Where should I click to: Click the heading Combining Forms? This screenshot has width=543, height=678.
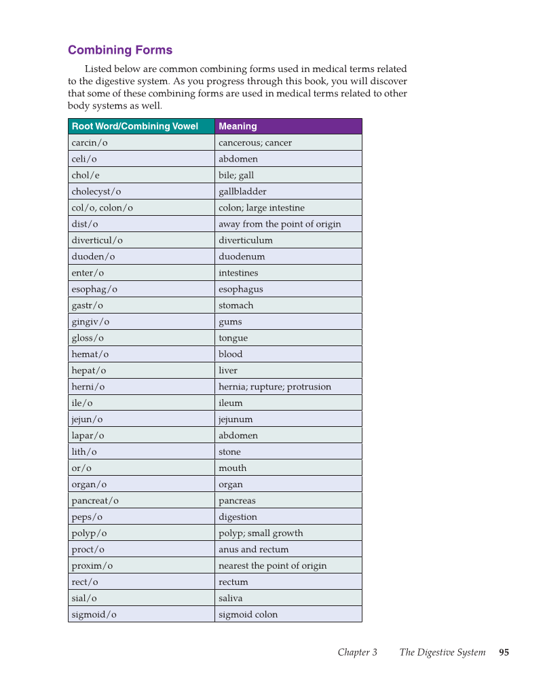120,50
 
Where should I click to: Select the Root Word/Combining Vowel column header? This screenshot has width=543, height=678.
135,126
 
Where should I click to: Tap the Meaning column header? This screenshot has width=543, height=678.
238,126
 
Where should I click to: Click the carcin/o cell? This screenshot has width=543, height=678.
90,143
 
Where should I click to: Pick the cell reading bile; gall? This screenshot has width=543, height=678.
236,175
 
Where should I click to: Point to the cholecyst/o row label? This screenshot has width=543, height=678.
96,191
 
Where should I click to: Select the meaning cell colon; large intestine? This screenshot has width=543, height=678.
261,208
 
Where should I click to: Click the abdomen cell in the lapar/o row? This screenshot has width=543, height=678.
238,436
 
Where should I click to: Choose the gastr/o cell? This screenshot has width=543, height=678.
88,305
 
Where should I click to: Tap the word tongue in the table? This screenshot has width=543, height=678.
233,338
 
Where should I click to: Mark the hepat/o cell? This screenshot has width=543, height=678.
89,371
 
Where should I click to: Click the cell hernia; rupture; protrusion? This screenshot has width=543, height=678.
275,387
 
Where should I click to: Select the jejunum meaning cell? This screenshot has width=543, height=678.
236,419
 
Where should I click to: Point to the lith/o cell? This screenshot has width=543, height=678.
84,452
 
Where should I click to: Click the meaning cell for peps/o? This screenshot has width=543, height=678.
238,517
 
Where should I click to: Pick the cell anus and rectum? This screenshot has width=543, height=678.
253,550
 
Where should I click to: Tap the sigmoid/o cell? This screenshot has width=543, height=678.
94,615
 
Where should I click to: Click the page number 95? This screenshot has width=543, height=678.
504,653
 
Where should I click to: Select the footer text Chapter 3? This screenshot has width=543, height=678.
358,653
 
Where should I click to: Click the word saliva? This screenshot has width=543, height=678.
230,599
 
